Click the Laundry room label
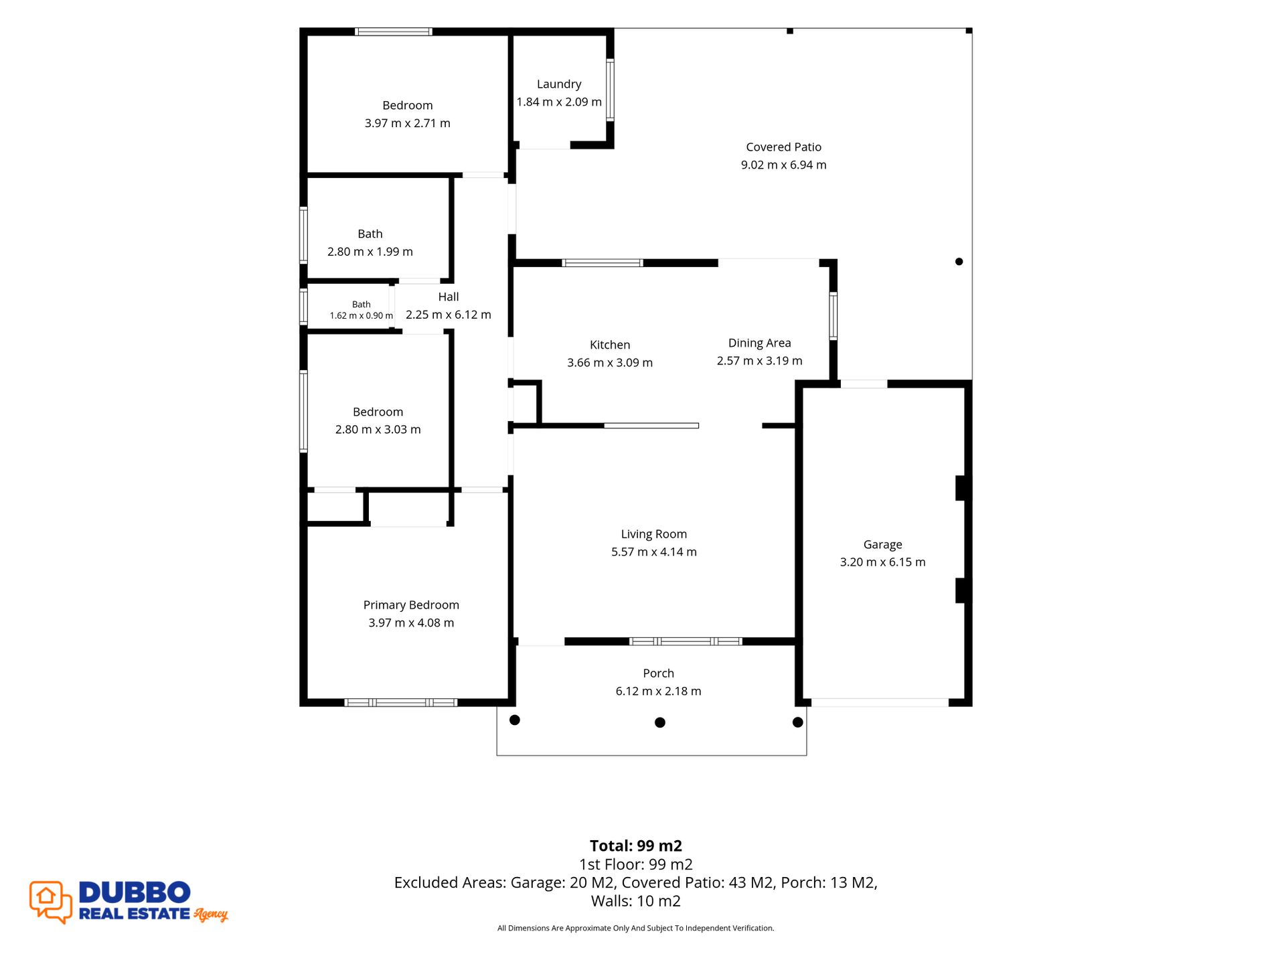(x=559, y=84)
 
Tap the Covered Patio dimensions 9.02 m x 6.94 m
(x=783, y=165)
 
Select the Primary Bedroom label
(x=411, y=605)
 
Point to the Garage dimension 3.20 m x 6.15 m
(x=882, y=562)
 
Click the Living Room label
(x=653, y=534)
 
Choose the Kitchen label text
(x=610, y=345)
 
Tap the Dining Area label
(x=759, y=343)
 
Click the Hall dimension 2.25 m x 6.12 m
(x=449, y=315)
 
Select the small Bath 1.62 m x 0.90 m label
(x=361, y=310)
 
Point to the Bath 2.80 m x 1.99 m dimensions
(x=370, y=252)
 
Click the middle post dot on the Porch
(x=659, y=722)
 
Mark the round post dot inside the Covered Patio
(x=959, y=262)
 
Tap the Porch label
(x=658, y=673)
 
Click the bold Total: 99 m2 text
(x=636, y=846)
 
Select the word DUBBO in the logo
(x=135, y=892)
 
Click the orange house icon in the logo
(x=46, y=896)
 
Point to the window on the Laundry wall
(x=610, y=90)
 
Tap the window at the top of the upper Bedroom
(x=393, y=31)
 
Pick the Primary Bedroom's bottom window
(x=400, y=702)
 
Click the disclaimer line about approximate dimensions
(x=635, y=928)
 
